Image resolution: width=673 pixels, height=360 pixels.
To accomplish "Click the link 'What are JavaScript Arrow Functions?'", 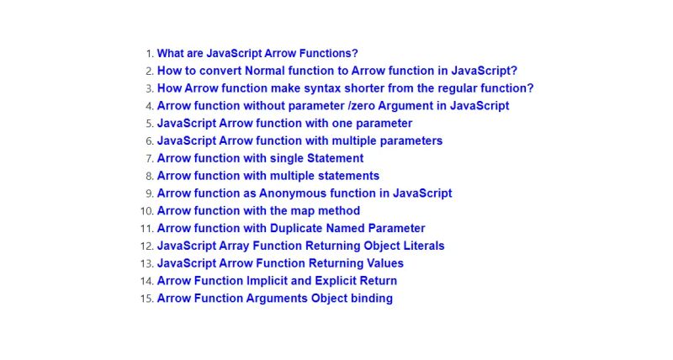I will click(257, 53).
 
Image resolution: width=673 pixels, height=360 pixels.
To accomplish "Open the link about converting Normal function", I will click(336, 71).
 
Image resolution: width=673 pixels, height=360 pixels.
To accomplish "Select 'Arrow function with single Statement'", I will click(260, 158).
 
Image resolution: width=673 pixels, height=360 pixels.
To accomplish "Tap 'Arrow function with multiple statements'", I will click(268, 176).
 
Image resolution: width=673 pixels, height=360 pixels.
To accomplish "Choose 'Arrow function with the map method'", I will click(258, 210).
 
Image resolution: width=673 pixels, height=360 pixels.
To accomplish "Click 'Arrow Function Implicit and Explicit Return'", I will click(277, 281).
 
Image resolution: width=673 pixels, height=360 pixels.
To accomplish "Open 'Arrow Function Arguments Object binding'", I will click(274, 298).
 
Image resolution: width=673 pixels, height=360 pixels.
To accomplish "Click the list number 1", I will click(149, 53).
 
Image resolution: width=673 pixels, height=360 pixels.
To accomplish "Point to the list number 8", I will click(149, 176).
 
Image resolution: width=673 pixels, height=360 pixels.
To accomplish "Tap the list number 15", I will click(146, 299).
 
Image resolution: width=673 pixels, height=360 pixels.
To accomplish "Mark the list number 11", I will click(146, 228).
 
